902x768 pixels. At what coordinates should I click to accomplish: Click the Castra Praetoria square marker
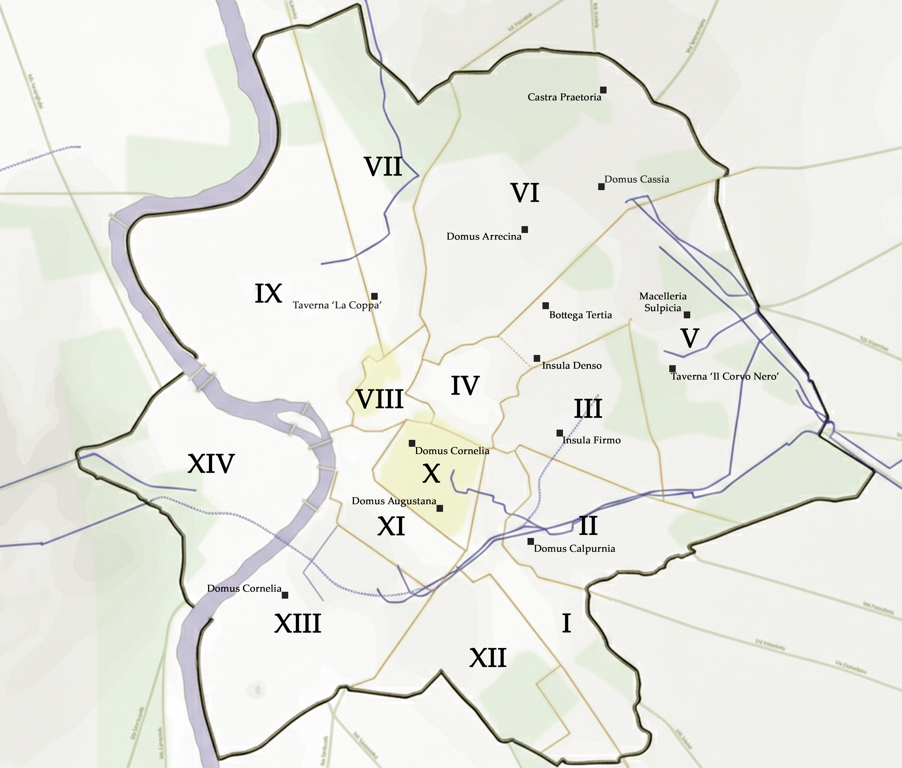click(x=603, y=90)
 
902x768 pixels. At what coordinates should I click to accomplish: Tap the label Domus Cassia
click(x=636, y=179)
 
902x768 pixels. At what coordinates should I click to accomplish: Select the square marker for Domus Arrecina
click(x=525, y=229)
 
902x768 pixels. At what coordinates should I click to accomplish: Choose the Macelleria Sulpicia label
click(x=662, y=302)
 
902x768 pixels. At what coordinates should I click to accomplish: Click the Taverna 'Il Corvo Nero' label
click(x=724, y=376)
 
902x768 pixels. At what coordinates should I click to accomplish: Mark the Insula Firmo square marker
click(x=560, y=433)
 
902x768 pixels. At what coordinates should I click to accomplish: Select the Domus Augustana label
click(x=393, y=501)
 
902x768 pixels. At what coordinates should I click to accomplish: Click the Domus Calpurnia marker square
click(x=531, y=541)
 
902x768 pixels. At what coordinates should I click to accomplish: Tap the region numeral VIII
click(x=380, y=399)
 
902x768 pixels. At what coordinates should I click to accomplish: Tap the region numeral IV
click(x=465, y=385)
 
